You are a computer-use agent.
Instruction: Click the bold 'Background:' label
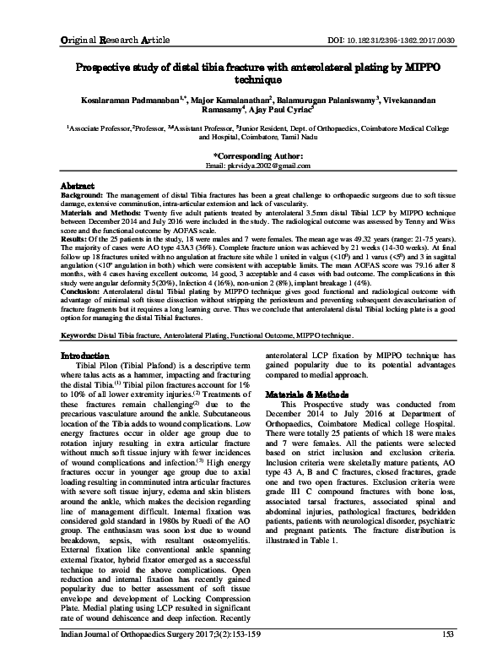86,193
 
